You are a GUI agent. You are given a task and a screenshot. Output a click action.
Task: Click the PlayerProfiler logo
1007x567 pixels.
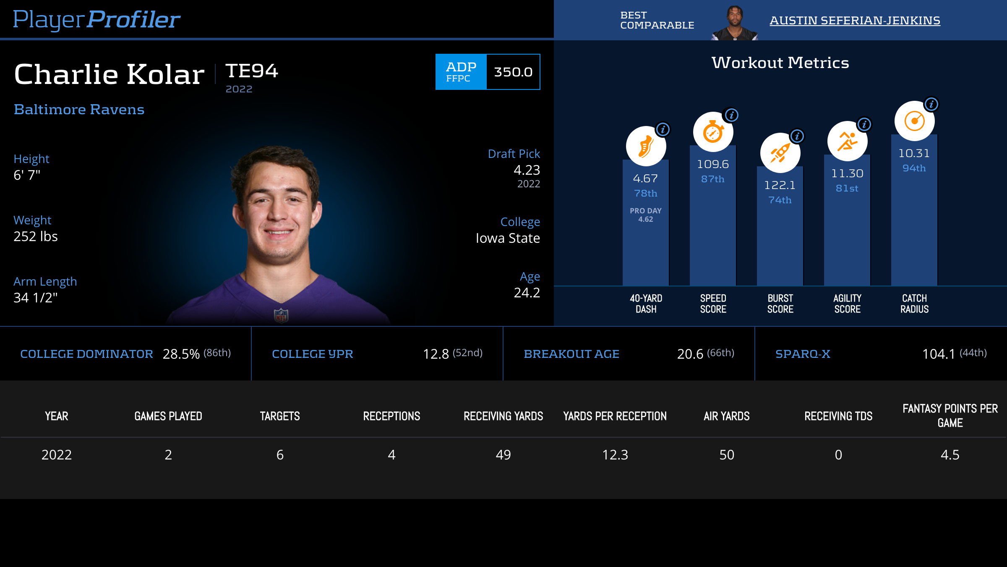pyautogui.click(x=97, y=19)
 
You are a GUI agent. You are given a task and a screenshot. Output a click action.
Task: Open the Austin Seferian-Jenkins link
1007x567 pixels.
pyautogui.click(x=855, y=20)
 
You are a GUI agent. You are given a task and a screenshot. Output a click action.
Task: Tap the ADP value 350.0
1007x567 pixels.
pyautogui.click(x=513, y=72)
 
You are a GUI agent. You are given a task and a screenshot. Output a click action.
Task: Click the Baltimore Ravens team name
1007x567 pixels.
pyautogui.click(x=79, y=109)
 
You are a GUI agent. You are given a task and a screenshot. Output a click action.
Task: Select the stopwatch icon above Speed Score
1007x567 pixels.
pyautogui.click(x=713, y=132)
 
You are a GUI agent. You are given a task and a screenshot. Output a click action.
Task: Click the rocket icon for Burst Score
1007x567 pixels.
pyautogui.click(x=780, y=153)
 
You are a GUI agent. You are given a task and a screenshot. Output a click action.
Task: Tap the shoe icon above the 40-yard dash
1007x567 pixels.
pyautogui.click(x=646, y=147)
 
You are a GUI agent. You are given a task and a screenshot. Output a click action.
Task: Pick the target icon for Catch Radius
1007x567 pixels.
pyautogui.click(x=914, y=121)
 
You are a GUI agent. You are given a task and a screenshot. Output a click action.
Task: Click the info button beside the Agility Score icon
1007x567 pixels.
pyautogui.click(x=864, y=124)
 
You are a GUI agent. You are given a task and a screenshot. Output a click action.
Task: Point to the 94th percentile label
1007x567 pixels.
pyautogui.click(x=914, y=168)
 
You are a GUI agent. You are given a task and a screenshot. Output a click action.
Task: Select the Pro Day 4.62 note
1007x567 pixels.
pyautogui.click(x=645, y=215)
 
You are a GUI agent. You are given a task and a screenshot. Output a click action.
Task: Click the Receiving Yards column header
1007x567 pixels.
pyautogui.click(x=503, y=416)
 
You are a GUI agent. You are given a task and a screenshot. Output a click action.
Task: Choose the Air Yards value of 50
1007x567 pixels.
pyautogui.click(x=727, y=455)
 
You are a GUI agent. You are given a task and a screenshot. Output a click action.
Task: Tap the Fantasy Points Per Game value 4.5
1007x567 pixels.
pyautogui.click(x=950, y=455)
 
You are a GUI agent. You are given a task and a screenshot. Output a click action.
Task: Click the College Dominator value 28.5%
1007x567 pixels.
pyautogui.click(x=181, y=354)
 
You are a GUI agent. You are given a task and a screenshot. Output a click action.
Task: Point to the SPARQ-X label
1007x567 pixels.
pyautogui.click(x=803, y=354)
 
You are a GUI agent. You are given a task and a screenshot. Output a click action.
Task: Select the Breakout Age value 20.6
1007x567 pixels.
pyautogui.click(x=690, y=354)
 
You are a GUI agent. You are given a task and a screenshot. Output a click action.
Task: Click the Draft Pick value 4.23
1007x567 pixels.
pyautogui.click(x=527, y=170)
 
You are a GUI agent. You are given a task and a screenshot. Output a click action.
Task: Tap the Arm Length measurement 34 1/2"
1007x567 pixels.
pyautogui.click(x=35, y=298)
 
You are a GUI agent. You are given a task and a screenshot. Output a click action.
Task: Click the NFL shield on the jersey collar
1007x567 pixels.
pyautogui.click(x=281, y=315)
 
